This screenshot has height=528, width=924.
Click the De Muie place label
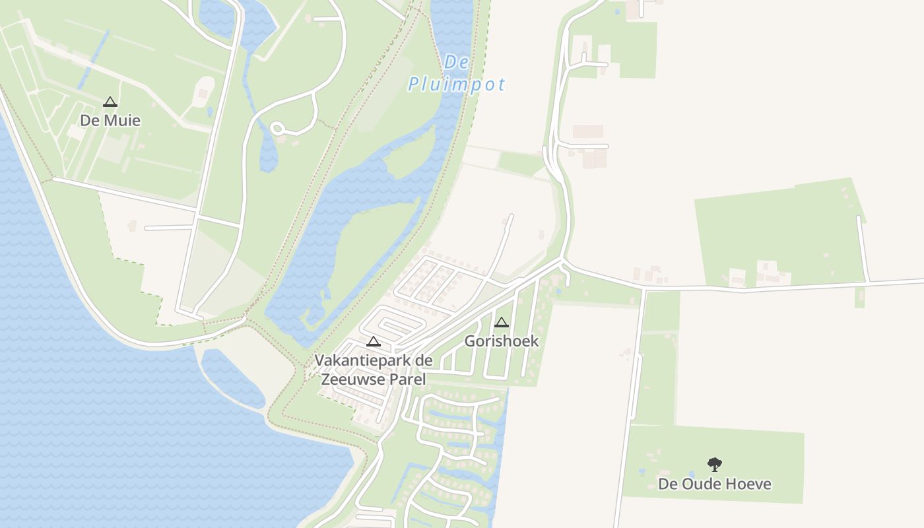[110, 120]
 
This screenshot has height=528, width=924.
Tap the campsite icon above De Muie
[110, 102]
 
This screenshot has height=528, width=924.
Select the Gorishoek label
[502, 341]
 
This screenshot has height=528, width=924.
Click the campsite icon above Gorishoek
[502, 323]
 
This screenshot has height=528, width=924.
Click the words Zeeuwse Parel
[373, 379]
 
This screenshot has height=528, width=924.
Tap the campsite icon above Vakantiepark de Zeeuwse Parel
[374, 342]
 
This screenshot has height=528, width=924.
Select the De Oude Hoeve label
[715, 484]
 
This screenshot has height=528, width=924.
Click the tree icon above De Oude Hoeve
[715, 465]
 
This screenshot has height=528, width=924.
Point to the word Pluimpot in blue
[457, 84]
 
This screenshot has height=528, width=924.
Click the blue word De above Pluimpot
[457, 63]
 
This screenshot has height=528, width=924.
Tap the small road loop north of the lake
[277, 128]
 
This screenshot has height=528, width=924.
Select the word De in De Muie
[90, 120]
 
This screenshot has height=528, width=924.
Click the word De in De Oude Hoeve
[668, 484]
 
